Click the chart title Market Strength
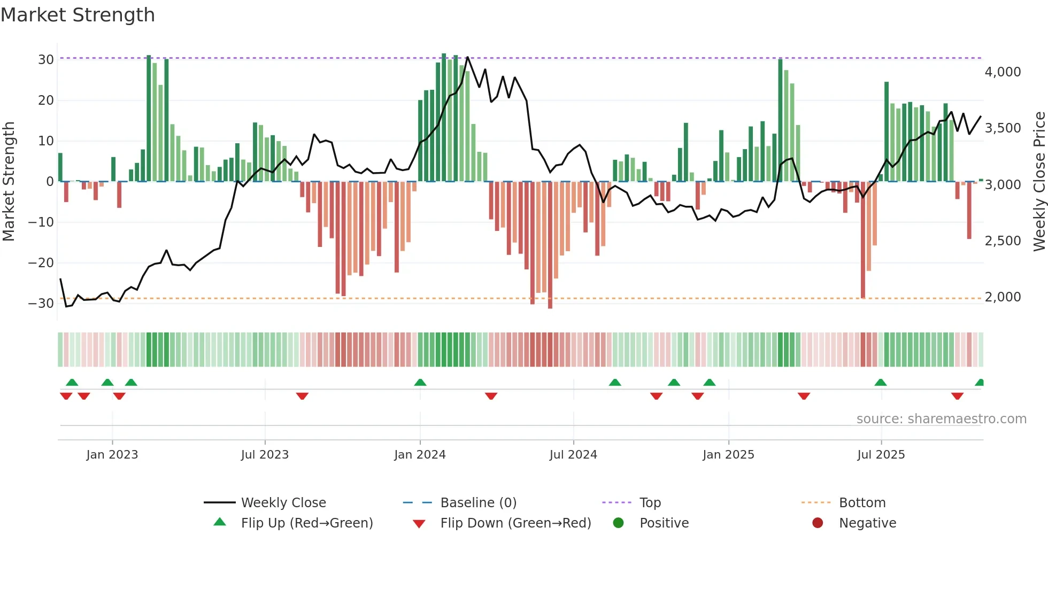(x=78, y=15)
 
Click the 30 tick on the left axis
(x=46, y=60)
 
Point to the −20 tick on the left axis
(x=41, y=262)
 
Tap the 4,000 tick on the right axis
(x=1003, y=72)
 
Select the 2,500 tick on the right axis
(x=1003, y=241)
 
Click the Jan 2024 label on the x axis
(x=420, y=455)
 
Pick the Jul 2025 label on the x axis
(x=881, y=455)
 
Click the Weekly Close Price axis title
(x=1039, y=181)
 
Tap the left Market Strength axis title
(x=9, y=181)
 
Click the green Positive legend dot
(x=618, y=523)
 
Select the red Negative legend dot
(x=818, y=523)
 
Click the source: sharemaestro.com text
(x=941, y=419)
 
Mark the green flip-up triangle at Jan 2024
(x=420, y=382)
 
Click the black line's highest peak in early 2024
(x=467, y=57)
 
